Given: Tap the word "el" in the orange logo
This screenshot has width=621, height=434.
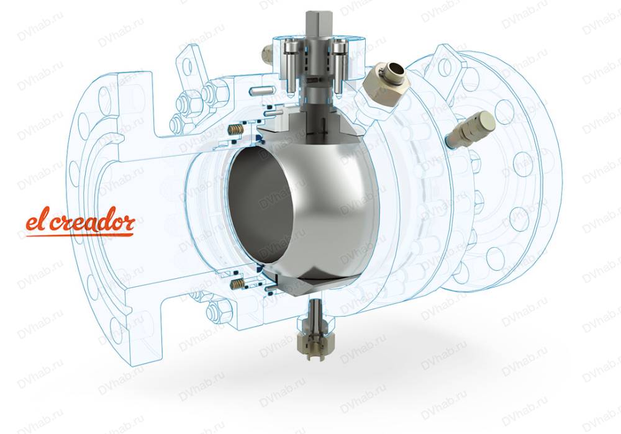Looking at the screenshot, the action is point(37,221).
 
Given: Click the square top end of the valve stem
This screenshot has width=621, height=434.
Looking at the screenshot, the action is point(315,23).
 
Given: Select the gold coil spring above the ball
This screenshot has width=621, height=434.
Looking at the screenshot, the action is point(237,129).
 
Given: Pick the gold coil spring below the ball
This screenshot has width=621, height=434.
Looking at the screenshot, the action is point(237,283).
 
